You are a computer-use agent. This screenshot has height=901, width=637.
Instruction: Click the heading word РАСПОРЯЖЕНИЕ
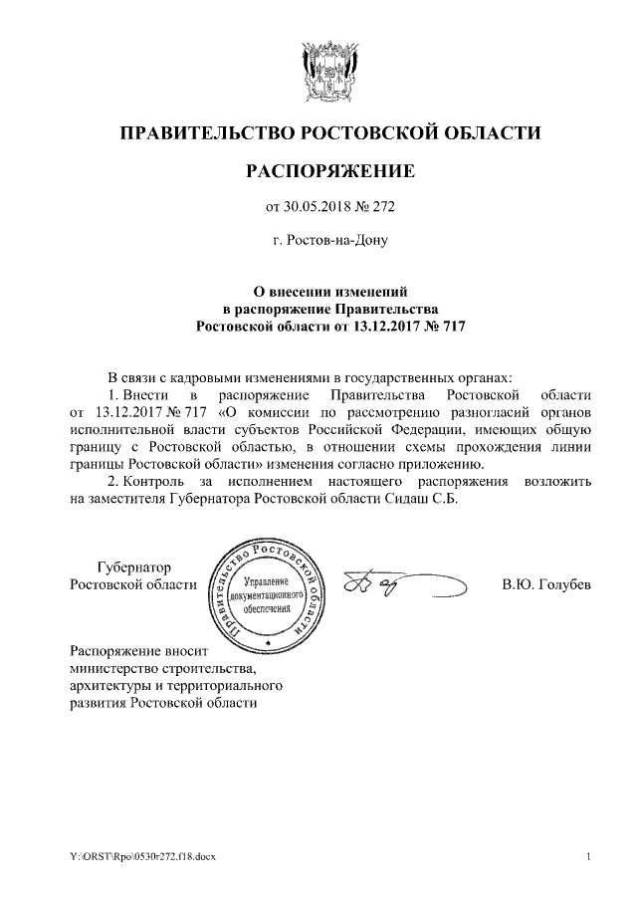click(x=329, y=171)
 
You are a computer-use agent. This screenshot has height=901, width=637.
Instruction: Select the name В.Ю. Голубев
click(x=546, y=584)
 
